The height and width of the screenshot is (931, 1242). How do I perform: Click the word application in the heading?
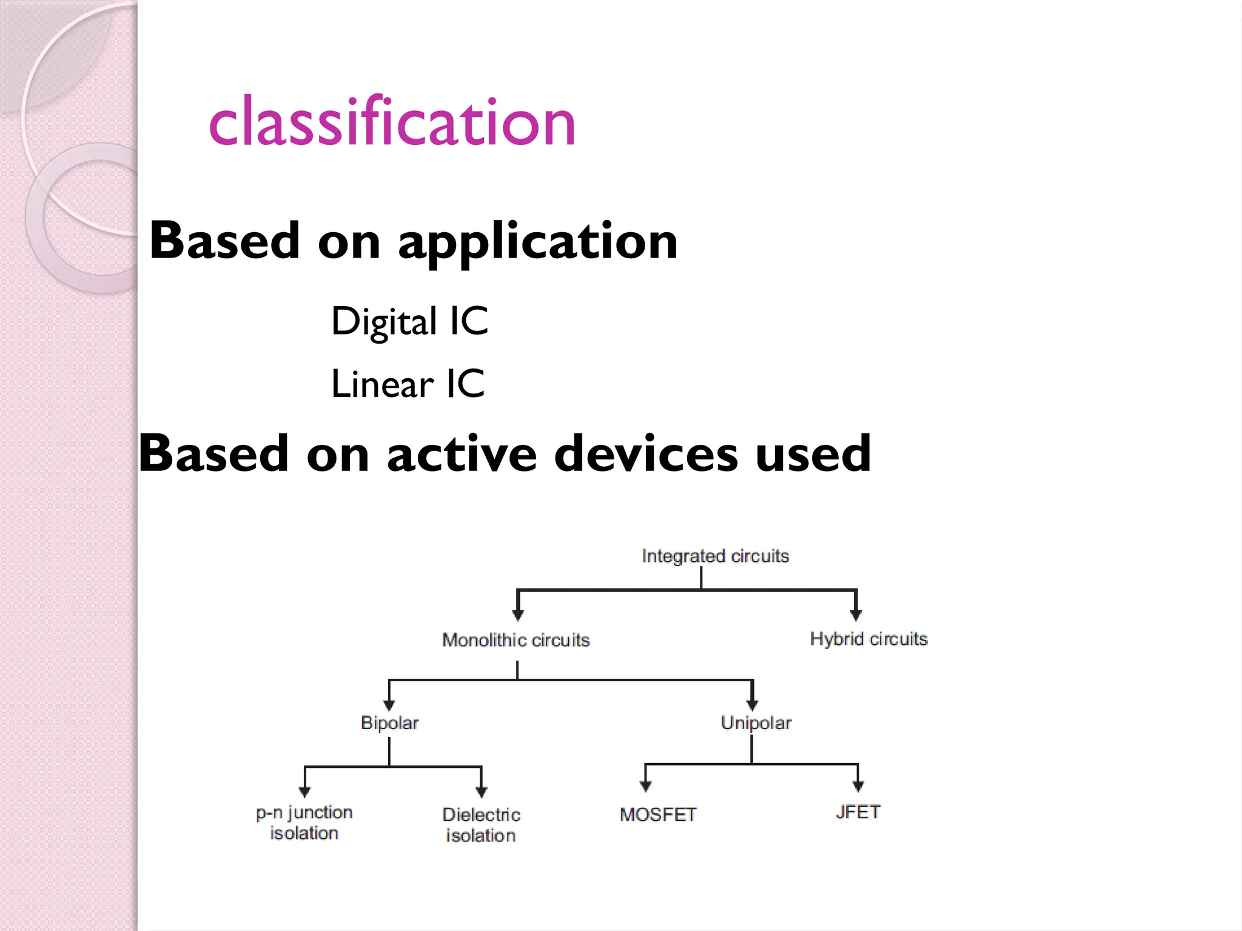click(x=537, y=241)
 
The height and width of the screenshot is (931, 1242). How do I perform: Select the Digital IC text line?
click(x=409, y=321)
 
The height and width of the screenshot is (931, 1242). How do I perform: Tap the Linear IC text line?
click(x=408, y=384)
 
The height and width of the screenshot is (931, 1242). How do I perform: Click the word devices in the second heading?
click(x=646, y=453)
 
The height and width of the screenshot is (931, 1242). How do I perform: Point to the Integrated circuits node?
click(x=715, y=556)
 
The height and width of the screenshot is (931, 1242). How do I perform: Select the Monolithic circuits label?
click(x=515, y=640)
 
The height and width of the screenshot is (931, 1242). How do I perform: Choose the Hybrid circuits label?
click(x=868, y=639)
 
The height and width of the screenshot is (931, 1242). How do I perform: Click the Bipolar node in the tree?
click(x=389, y=722)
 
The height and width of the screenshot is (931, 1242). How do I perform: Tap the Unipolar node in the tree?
click(x=756, y=722)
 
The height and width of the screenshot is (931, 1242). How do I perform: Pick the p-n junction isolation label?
click(x=304, y=823)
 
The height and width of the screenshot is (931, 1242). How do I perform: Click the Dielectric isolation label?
click(x=481, y=825)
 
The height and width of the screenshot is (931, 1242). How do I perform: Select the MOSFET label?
click(x=658, y=815)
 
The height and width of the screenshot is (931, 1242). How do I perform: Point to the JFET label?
click(x=858, y=812)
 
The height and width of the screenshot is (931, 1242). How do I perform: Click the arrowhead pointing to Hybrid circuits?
click(x=856, y=615)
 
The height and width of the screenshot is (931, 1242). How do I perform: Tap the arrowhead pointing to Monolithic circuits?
click(x=518, y=615)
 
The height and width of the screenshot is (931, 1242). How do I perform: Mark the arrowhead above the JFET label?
click(x=858, y=786)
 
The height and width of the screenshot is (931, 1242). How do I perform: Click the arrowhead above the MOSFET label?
click(x=646, y=786)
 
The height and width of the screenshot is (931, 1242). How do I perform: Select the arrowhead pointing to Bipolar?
click(x=389, y=705)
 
